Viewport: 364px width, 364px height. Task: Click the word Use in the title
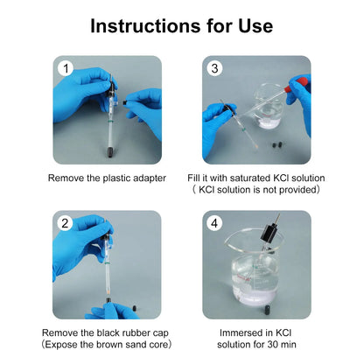255,26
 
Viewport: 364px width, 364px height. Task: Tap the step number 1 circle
66,68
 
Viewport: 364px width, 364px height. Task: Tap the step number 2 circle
65,223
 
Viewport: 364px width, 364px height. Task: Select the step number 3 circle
214,68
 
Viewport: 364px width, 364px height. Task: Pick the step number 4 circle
214,223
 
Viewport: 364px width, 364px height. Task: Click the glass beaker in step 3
268,107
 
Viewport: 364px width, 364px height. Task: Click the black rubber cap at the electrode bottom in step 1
110,152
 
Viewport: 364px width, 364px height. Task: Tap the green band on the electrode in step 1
110,121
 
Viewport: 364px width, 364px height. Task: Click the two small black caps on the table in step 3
276,144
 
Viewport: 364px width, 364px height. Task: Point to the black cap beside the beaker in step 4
267,309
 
